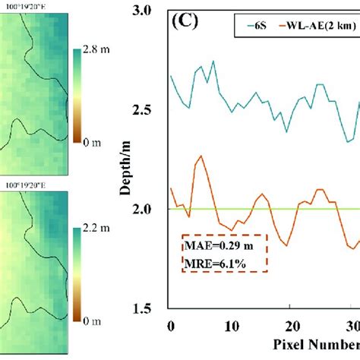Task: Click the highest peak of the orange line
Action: [x=201, y=156]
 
